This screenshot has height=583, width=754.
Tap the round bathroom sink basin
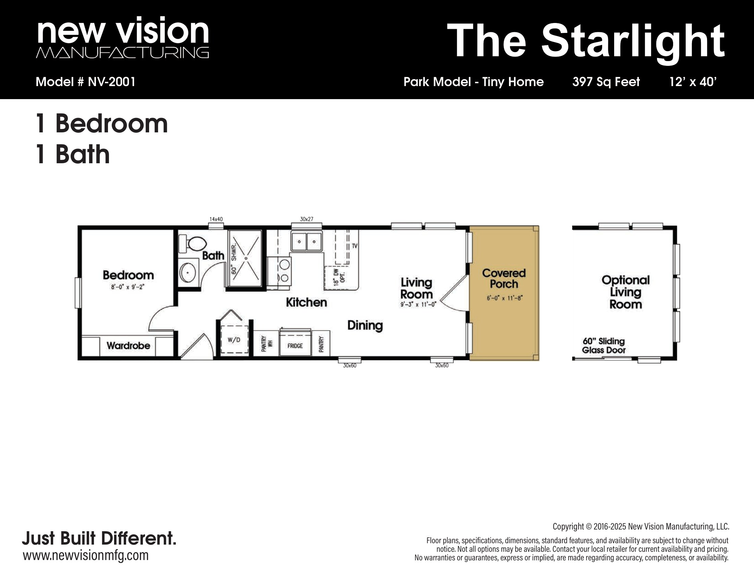coord(188,273)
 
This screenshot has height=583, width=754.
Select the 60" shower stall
coord(244,258)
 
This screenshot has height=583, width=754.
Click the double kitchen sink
coord(307,241)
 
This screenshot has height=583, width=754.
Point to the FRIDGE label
coord(295,346)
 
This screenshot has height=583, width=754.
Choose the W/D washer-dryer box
coord(234,339)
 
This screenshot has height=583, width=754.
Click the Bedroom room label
coord(129,275)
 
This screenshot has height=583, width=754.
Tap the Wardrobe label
coord(128,345)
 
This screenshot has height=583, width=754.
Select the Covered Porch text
coord(504,278)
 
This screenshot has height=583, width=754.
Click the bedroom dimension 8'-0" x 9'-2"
coord(127,287)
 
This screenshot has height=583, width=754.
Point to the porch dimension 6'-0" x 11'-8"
coord(504,298)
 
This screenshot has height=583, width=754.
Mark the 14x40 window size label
coord(216,219)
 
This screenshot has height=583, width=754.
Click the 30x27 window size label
coord(307,219)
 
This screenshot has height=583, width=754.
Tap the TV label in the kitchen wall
coord(355,246)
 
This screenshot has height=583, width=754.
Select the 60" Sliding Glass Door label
coord(604,345)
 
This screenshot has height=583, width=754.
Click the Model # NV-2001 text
coord(86,82)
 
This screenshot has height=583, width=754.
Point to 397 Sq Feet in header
coord(606,82)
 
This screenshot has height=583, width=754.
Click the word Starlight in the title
coord(632,41)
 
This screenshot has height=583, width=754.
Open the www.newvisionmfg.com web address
coord(86,555)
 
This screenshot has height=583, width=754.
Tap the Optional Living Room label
coord(625,292)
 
